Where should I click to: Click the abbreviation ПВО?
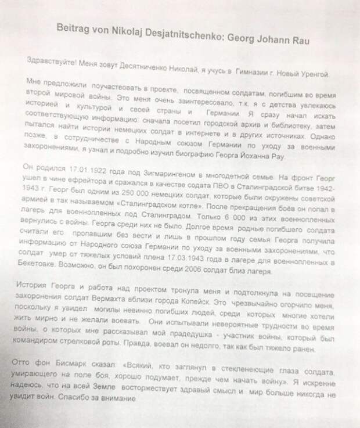[x=197, y=193]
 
